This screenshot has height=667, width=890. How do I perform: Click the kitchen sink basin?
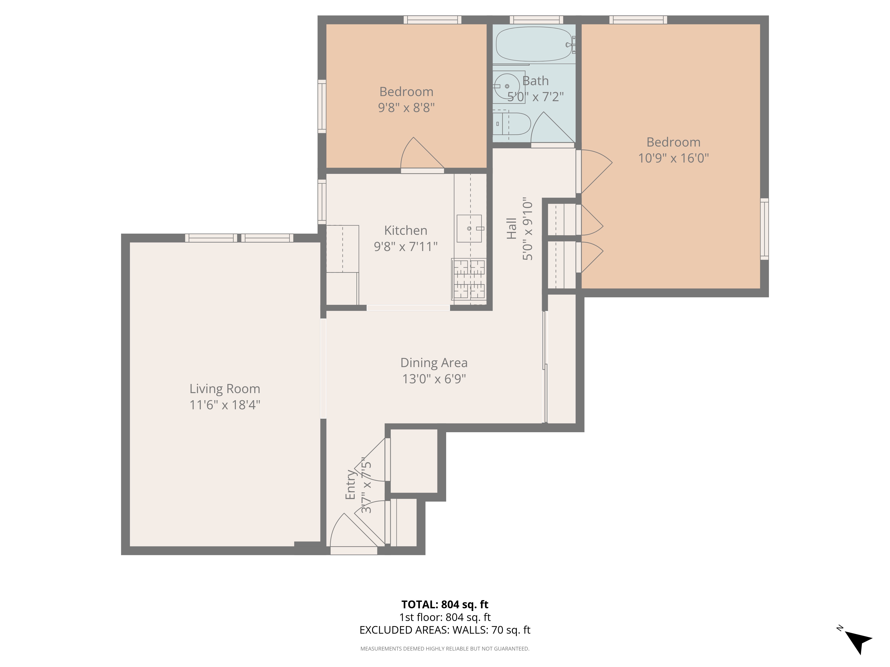(x=469, y=228)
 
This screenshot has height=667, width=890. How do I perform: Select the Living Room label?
(x=225, y=389)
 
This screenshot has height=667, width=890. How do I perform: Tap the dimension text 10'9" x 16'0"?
(x=674, y=158)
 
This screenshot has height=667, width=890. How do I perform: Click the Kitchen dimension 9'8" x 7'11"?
(x=406, y=246)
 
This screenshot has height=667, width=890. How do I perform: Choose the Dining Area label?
(x=434, y=363)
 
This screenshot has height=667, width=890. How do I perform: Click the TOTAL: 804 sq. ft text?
(x=445, y=604)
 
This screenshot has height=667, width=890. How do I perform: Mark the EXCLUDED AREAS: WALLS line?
(x=445, y=630)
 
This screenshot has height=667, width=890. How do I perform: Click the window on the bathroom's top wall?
(x=536, y=20)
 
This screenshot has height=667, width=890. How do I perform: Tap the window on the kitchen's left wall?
(x=322, y=202)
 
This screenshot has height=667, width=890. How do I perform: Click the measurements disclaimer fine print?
(x=445, y=649)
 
